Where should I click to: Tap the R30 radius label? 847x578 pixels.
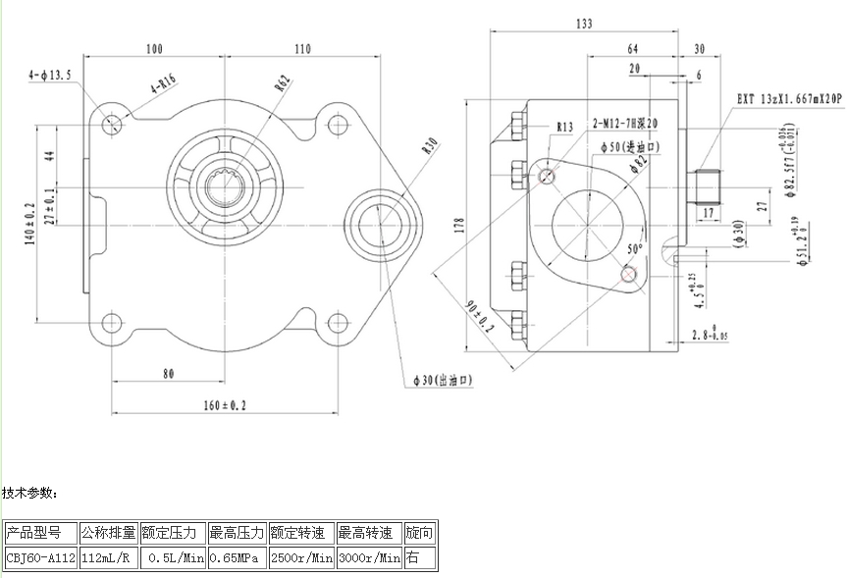[x=428, y=146]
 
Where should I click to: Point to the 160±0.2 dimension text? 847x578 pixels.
[x=224, y=403]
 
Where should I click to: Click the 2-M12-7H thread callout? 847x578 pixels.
[x=624, y=124]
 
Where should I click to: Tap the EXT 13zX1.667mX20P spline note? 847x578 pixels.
[x=789, y=100]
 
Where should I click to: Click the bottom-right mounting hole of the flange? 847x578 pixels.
[x=338, y=322]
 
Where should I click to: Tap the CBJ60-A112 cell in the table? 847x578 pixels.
[x=40, y=558]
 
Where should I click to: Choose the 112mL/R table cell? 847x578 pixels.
[x=108, y=558]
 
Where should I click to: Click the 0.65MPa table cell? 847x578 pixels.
[x=236, y=558]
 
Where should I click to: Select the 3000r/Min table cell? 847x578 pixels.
[x=369, y=558]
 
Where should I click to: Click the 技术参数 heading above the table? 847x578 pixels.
[x=30, y=492]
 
